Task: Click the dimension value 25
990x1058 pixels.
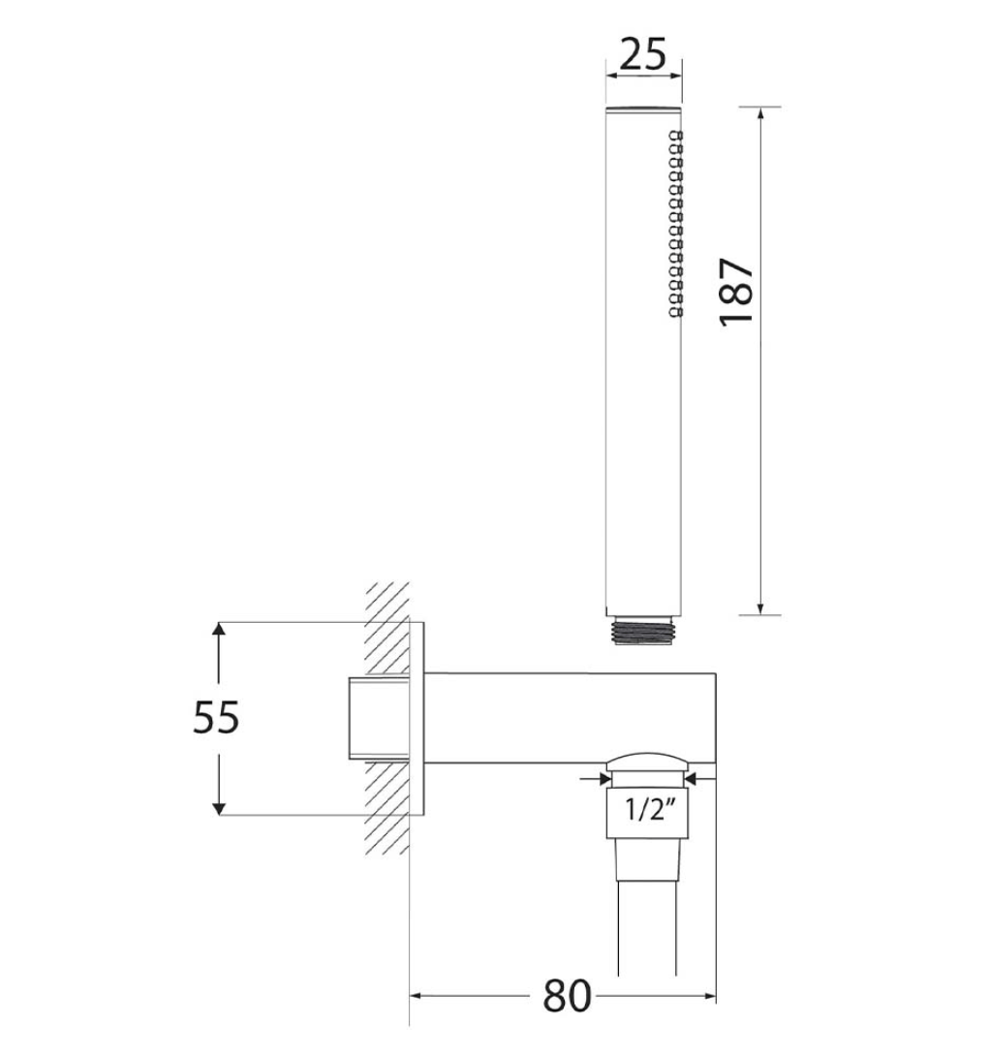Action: (643, 55)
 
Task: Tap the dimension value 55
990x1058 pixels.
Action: (216, 718)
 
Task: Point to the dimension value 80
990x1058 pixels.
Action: (567, 995)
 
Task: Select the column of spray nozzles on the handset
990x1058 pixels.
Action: (675, 224)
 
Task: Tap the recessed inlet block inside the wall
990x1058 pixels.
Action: (378, 718)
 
